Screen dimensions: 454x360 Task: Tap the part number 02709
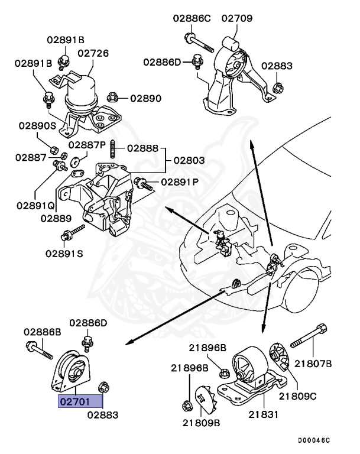click(237, 18)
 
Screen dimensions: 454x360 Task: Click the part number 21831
click(264, 416)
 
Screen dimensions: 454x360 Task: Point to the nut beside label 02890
click(116, 96)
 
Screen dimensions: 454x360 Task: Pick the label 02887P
click(87, 145)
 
